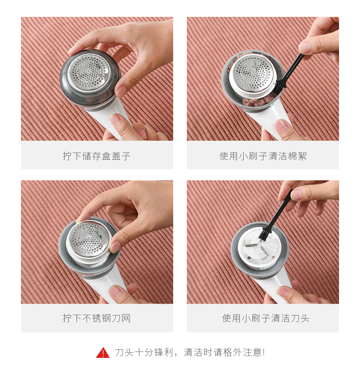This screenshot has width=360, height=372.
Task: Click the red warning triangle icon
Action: [103, 352]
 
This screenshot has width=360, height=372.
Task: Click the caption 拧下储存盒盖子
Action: [97, 156]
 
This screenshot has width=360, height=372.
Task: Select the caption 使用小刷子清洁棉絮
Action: [263, 156]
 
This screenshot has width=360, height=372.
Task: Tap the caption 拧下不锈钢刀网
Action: [97, 318]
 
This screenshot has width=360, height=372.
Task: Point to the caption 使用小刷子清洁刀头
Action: [266, 318]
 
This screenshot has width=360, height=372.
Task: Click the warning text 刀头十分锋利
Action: [144, 352]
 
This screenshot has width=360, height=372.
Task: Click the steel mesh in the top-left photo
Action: [89, 72]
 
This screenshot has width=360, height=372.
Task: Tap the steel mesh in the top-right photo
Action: [252, 74]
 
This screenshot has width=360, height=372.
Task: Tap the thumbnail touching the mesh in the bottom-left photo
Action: [114, 246]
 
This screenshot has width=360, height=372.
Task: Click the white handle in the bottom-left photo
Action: [104, 285]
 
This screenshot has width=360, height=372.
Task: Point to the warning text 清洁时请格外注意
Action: [224, 352]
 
